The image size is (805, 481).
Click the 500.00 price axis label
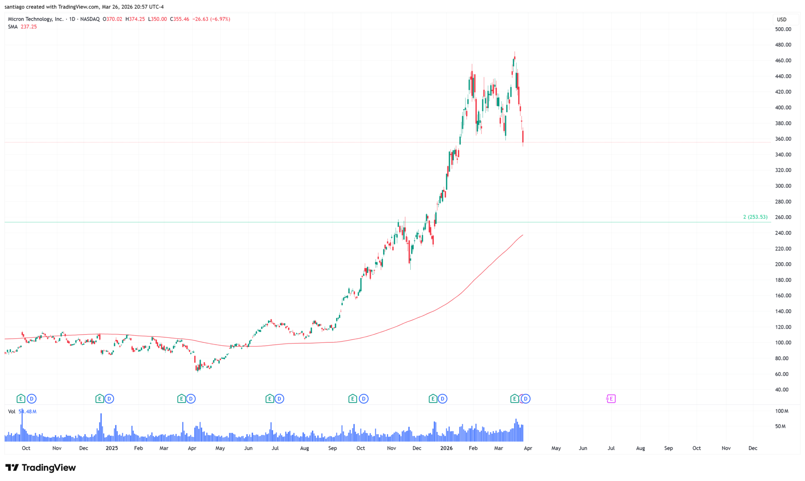(x=783, y=29)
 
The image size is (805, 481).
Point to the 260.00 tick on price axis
(x=783, y=217)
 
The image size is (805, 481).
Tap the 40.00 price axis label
(x=781, y=390)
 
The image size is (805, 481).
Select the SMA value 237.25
(x=29, y=27)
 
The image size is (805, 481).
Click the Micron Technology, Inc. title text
(x=36, y=19)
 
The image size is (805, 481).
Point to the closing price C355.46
(x=180, y=19)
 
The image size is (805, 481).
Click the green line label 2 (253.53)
(x=755, y=217)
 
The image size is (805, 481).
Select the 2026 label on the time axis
(x=446, y=448)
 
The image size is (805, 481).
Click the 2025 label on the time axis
(x=112, y=448)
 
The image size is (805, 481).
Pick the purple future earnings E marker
(x=611, y=399)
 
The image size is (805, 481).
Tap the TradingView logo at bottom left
(x=40, y=468)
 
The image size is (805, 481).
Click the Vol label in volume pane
(x=12, y=411)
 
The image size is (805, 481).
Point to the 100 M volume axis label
(x=781, y=411)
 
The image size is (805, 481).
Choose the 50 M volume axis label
(x=780, y=426)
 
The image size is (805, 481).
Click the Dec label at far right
(x=753, y=448)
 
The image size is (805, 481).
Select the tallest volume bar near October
(x=22, y=427)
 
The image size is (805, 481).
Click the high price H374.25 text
(x=135, y=19)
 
